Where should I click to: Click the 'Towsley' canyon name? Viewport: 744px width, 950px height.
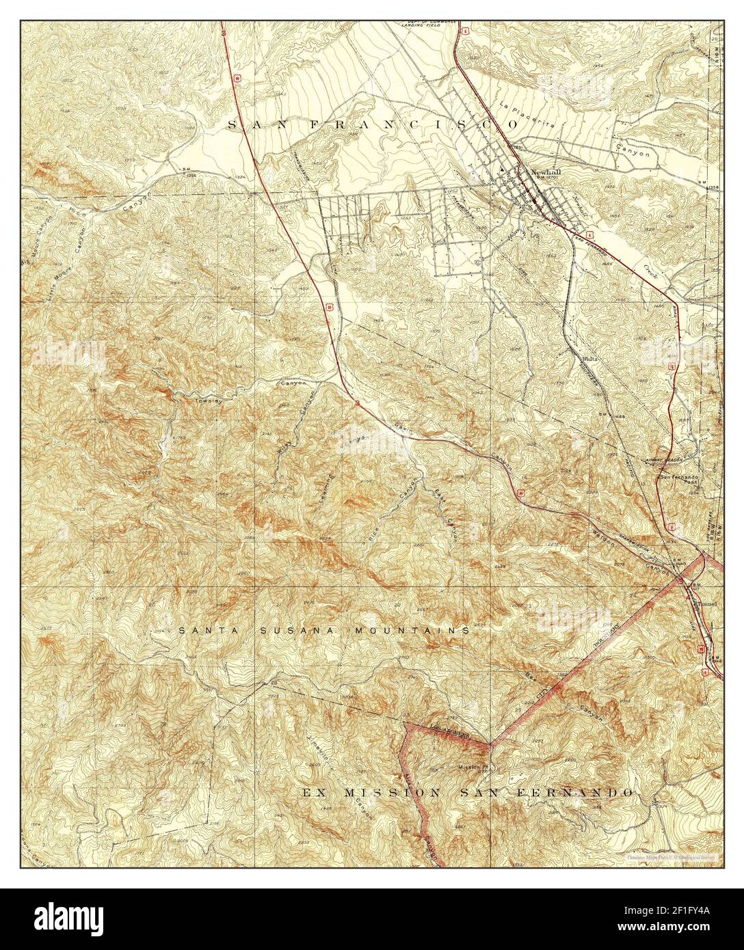tap(191, 396)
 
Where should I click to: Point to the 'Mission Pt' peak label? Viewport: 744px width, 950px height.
tap(472, 767)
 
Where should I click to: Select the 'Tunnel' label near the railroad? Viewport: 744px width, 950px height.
tap(704, 603)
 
